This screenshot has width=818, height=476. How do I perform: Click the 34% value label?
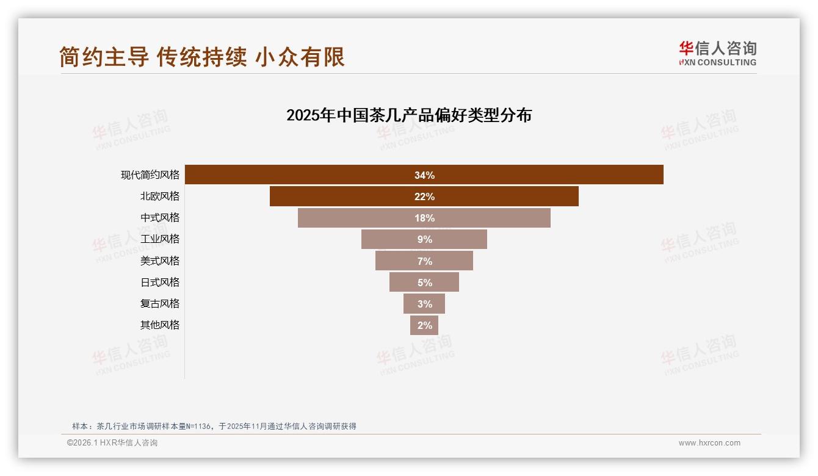point(424,175)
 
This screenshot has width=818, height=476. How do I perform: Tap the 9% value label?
point(424,240)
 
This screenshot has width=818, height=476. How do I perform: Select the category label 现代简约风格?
point(150,175)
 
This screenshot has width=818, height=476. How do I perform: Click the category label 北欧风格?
point(160,197)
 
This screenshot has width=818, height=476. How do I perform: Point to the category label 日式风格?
point(160,282)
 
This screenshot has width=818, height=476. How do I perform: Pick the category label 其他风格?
point(160,325)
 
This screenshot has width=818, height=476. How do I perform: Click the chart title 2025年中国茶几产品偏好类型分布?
point(409,115)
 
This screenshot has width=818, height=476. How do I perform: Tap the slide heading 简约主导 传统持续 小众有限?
point(202,57)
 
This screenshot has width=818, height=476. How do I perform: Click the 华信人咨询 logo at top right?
point(717,53)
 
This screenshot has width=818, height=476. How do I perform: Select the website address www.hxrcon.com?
point(709,443)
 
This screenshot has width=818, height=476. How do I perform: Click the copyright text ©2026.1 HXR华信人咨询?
point(112,443)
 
